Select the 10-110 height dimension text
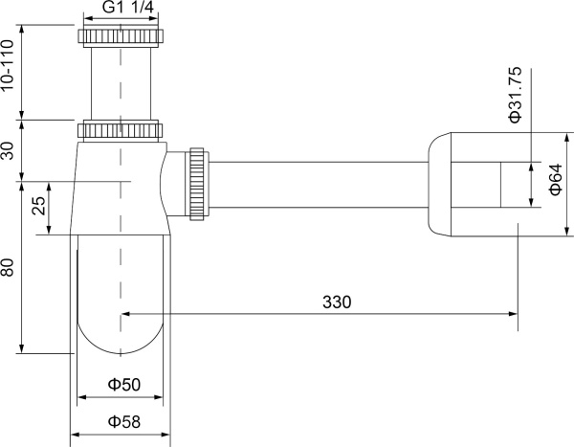(9, 65)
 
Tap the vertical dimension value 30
(9, 148)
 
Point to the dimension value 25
(38, 207)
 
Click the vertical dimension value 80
(9, 266)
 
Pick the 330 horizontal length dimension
(337, 302)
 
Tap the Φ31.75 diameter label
(514, 95)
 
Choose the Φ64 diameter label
(555, 180)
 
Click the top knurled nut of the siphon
(121, 39)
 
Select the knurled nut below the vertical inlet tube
(121, 129)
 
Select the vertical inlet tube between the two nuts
(121, 84)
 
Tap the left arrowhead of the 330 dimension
(124, 312)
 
